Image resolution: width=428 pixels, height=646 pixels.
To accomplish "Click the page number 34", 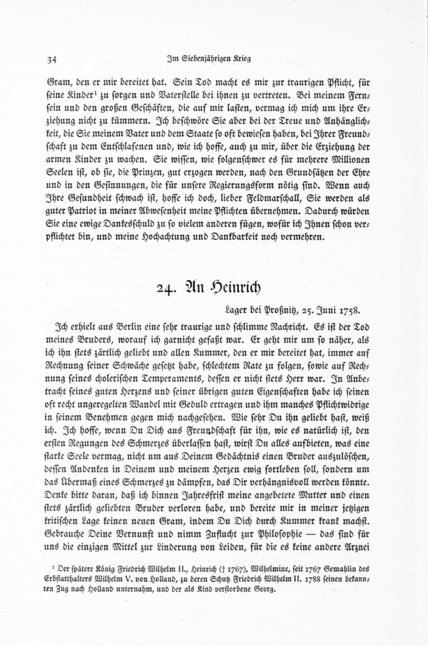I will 52,59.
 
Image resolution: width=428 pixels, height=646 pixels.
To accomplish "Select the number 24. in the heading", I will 166,288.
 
